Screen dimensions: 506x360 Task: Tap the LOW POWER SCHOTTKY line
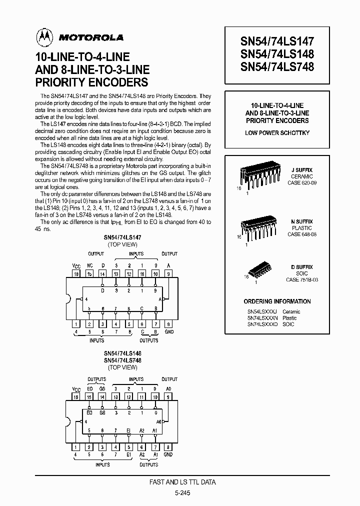277,132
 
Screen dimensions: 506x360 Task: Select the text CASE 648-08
301,234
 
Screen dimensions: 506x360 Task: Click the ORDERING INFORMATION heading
277,301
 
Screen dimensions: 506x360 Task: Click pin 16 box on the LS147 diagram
76,274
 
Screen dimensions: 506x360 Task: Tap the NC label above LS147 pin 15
90,266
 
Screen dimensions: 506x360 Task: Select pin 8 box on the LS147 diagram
168,324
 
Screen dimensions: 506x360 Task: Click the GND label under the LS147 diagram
168,331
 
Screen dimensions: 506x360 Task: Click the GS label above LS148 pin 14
102,388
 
